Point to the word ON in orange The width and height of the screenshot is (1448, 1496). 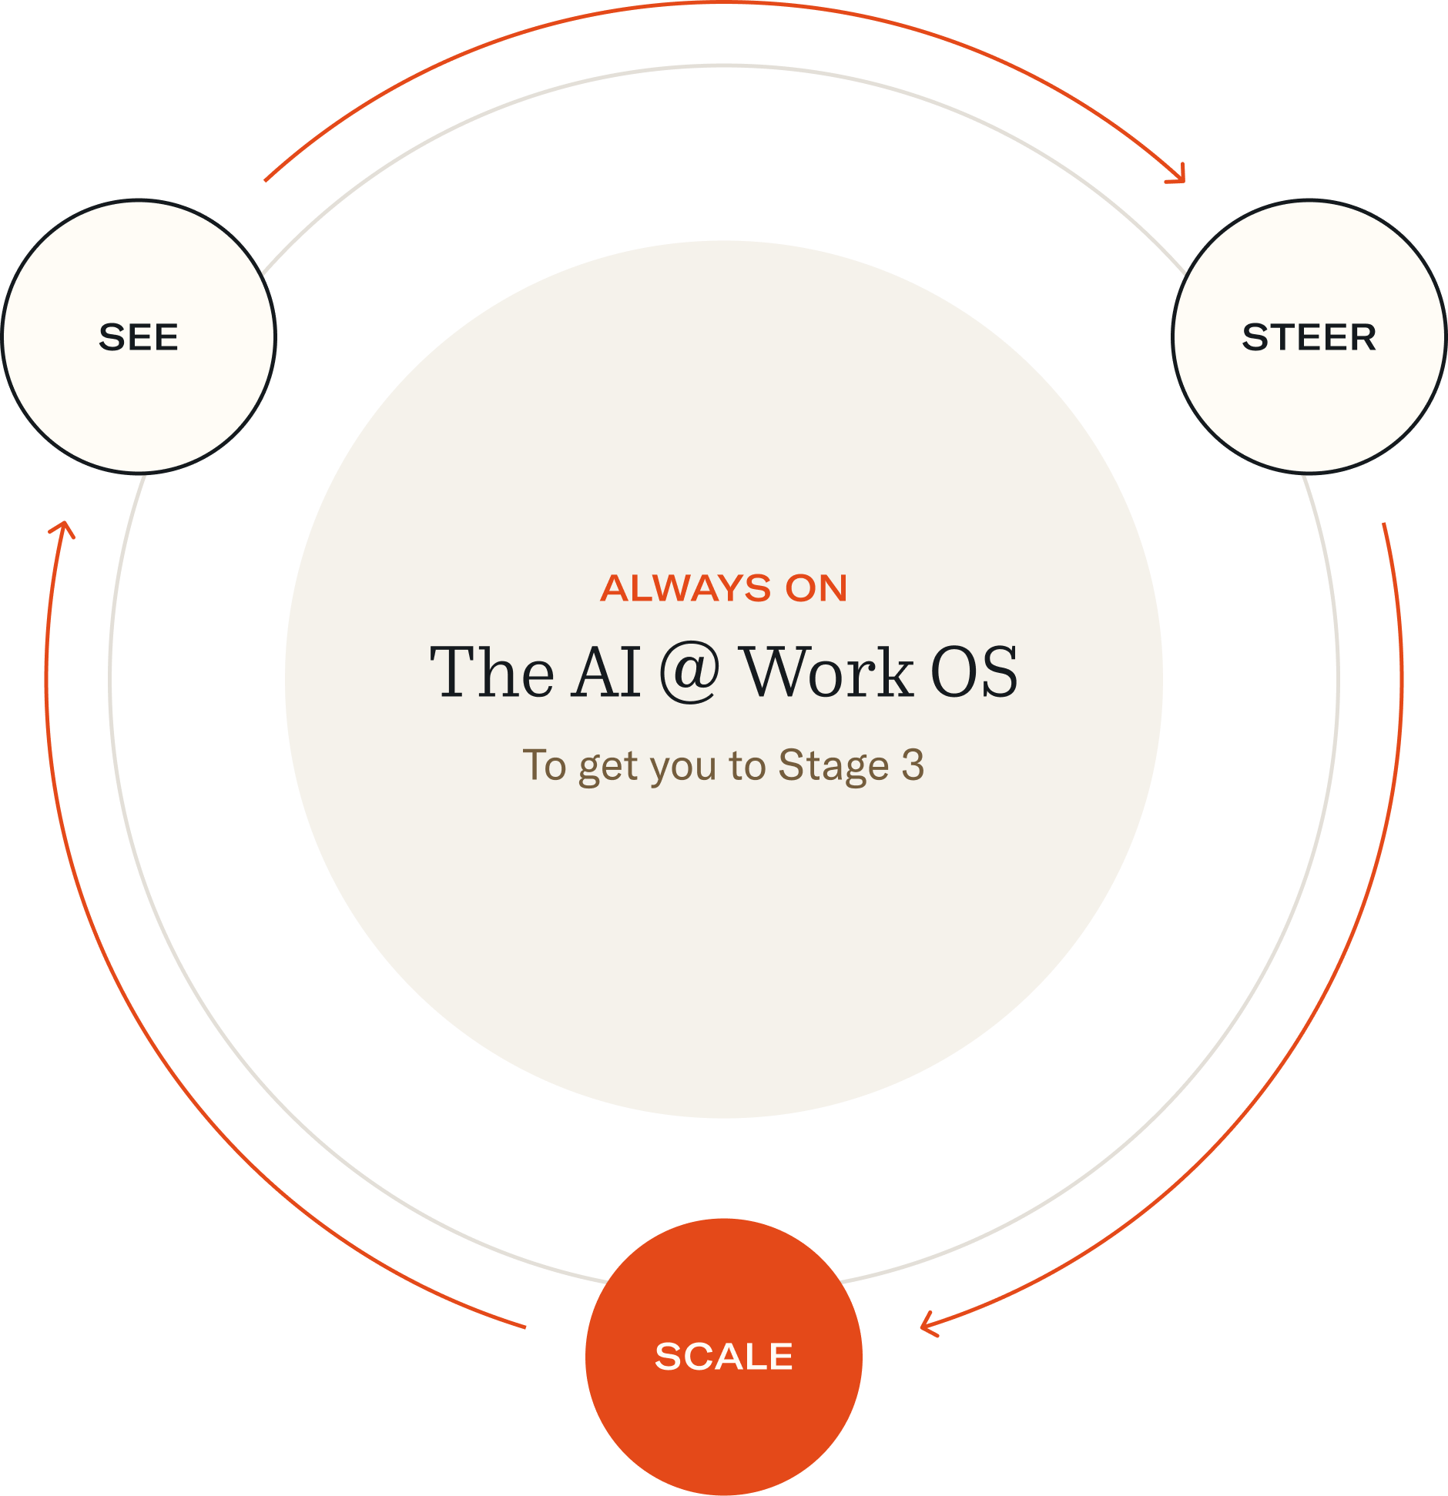pos(816,589)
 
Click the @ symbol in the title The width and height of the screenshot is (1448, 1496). pos(689,673)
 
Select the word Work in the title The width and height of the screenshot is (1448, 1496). pos(827,673)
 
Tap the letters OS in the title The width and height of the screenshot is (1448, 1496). pos(974,673)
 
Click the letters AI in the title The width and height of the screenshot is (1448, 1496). pos(605,673)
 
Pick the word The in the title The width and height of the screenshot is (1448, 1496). pos(491,673)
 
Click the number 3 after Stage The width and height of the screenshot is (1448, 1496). pos(913,765)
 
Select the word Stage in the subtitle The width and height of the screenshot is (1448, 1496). pos(833,767)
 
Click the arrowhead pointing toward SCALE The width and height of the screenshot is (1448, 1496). pos(928,1324)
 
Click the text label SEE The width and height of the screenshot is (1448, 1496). pos(139,337)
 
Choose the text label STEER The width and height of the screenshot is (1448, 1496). pos(1309,337)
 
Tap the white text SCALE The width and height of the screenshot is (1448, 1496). pos(723,1357)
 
